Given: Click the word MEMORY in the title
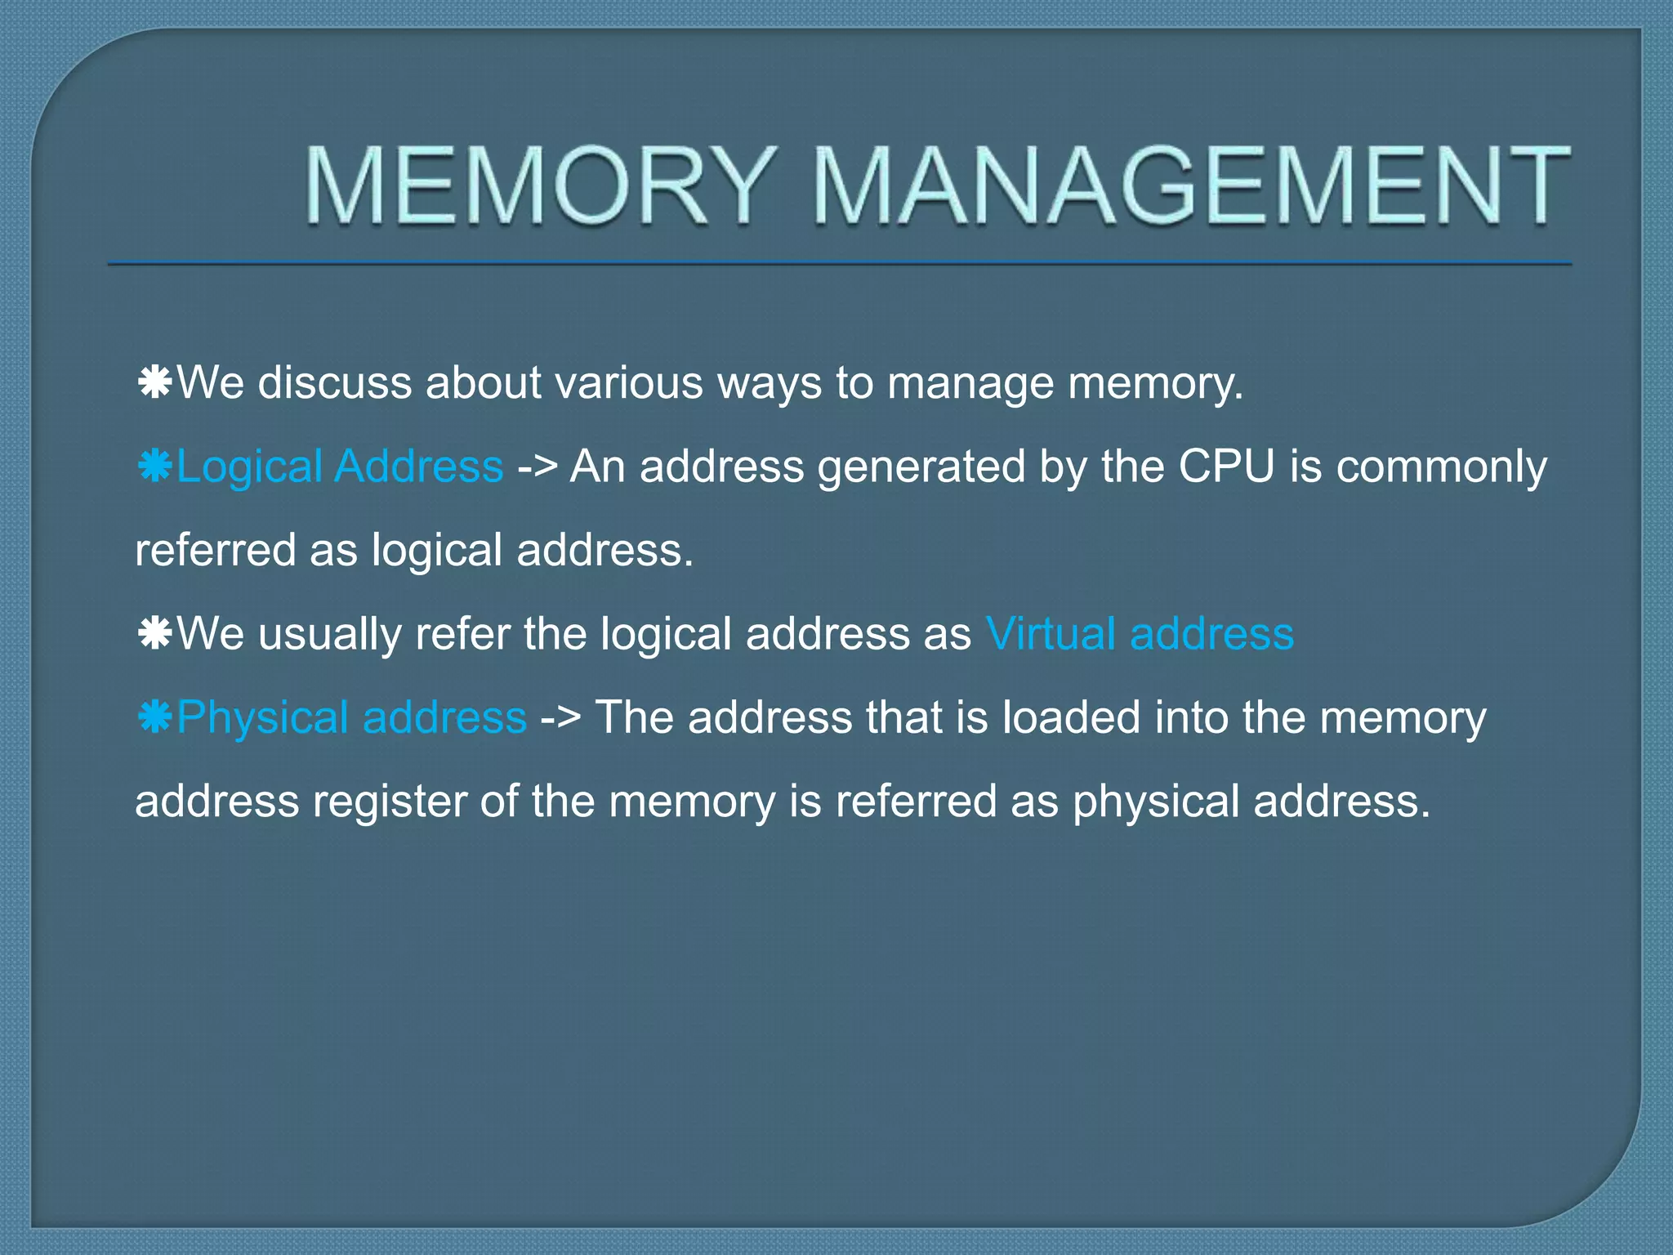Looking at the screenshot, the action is [x=539, y=185].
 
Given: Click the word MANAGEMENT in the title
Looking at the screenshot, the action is [x=1191, y=185].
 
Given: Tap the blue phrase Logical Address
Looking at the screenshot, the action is [x=340, y=467].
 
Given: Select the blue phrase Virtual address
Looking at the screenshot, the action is [x=1140, y=634].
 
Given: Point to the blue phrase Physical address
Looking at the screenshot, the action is [x=351, y=717].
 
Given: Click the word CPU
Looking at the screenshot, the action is [x=1226, y=467].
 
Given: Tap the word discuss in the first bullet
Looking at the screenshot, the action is [x=334, y=382].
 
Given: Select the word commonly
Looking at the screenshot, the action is [x=1441, y=468].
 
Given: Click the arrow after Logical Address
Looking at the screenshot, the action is [x=537, y=468].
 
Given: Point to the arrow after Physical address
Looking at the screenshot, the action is [x=560, y=719].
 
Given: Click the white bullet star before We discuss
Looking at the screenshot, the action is [x=154, y=382].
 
